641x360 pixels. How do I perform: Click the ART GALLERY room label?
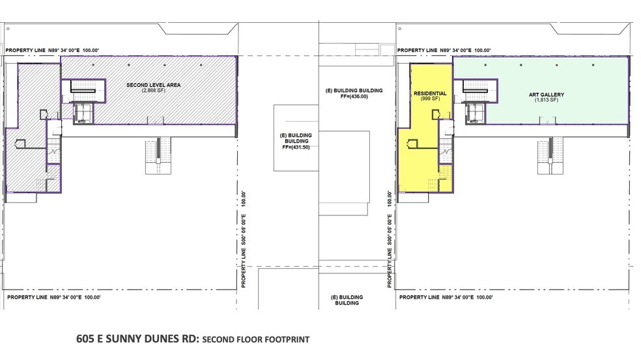coord(546,94)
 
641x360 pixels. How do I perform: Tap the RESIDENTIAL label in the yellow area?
coord(430,93)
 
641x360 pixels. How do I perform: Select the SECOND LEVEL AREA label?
coord(154,85)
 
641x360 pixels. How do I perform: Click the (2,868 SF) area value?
coord(154,91)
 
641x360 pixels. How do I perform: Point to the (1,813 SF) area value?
coord(546,100)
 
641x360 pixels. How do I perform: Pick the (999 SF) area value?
coord(430,99)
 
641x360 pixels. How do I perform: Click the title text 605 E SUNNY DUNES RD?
coord(137,339)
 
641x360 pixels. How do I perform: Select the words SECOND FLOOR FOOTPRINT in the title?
coord(255,339)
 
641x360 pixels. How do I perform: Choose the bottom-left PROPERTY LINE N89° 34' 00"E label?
coord(53,297)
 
